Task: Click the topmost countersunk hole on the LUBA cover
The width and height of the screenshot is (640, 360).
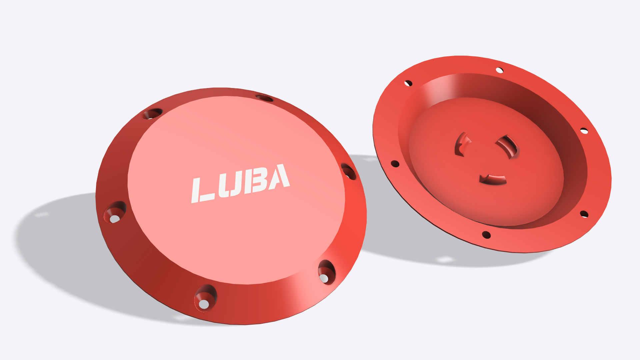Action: [x=264, y=98]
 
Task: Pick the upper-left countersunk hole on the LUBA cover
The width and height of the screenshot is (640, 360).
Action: [x=153, y=114]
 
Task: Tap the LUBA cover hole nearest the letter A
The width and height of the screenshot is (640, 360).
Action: [x=348, y=171]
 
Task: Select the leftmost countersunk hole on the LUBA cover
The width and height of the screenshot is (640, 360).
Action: [x=115, y=212]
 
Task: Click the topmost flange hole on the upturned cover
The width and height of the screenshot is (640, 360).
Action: [x=499, y=70]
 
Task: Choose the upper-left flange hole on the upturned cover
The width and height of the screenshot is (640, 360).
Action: [x=408, y=83]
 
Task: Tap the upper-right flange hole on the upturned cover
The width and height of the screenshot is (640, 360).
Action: [x=584, y=131]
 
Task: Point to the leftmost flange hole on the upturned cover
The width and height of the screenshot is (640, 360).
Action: [x=395, y=164]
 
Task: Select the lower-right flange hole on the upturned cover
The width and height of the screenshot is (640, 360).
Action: [x=584, y=214]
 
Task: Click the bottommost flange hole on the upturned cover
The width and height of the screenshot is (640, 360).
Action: [x=486, y=235]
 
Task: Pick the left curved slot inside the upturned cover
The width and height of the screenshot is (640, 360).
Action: [x=461, y=144]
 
